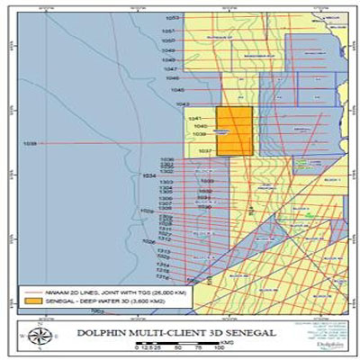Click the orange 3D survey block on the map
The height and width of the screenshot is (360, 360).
234,131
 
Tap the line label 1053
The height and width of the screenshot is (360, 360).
172,18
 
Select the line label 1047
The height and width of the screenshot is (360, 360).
170,69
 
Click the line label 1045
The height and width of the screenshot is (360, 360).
176,90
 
